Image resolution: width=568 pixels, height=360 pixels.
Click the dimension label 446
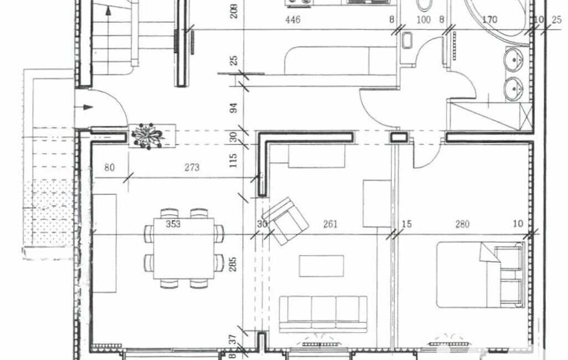[x=293, y=19]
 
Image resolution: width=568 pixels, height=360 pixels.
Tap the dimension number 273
[x=192, y=167]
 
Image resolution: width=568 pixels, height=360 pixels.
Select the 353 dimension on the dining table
[x=173, y=224]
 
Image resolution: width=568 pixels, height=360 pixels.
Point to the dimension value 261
[x=330, y=224]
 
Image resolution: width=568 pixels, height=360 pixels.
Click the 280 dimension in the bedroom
[x=462, y=224]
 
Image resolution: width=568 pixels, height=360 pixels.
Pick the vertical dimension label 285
[x=233, y=264]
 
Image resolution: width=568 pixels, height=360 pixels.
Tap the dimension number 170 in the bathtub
[x=489, y=19]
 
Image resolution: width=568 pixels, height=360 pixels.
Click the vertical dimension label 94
[x=234, y=108]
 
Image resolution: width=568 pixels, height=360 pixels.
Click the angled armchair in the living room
[x=286, y=221]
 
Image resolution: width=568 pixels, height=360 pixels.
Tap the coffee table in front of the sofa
[x=321, y=266]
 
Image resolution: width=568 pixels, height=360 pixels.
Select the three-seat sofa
[x=323, y=314]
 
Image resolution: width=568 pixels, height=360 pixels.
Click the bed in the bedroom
[x=480, y=275]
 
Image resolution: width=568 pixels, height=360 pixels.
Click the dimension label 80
[x=109, y=167]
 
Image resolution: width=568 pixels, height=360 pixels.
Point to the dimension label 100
[x=423, y=19]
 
